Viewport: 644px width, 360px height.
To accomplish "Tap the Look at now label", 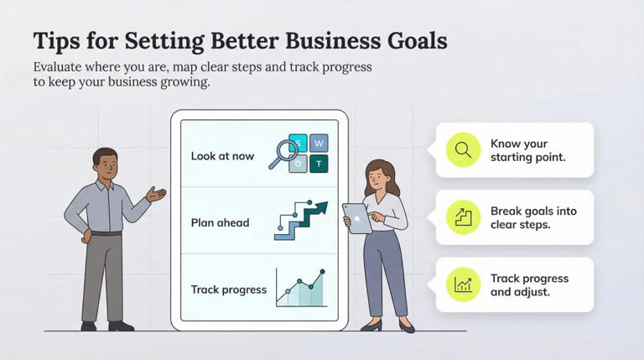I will (222, 156).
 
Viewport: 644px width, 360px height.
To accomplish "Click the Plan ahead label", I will (220, 222).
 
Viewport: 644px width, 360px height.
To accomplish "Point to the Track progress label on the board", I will (228, 290).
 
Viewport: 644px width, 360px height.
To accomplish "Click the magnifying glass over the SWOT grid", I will (284, 153).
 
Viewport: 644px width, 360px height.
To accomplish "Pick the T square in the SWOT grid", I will (319, 163).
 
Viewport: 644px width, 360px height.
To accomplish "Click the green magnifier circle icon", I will (463, 150).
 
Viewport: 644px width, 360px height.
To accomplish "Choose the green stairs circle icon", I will (463, 217).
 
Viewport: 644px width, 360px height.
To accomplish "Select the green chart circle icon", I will (463, 284).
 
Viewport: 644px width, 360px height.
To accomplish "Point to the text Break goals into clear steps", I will (533, 217).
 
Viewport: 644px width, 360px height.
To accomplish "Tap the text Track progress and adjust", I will (529, 285).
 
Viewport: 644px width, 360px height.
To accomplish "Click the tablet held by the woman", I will (358, 218).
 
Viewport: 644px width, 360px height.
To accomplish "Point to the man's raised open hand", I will (157, 194).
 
